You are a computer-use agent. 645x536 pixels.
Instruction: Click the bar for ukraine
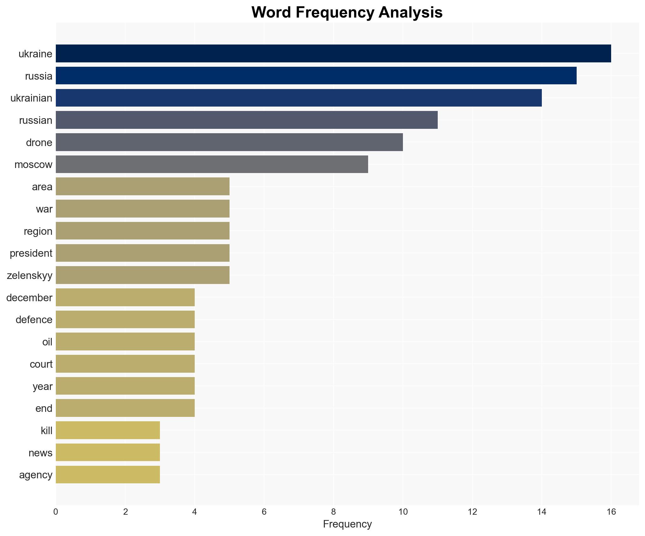tap(333, 53)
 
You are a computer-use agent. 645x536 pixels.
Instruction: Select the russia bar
tap(316, 76)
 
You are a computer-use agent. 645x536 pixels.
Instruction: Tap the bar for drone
tap(229, 142)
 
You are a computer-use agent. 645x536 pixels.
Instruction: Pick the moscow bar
tap(212, 164)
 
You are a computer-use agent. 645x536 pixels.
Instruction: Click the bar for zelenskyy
tap(142, 275)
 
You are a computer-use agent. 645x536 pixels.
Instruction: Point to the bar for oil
tap(125, 341)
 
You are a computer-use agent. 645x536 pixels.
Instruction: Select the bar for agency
tap(108, 475)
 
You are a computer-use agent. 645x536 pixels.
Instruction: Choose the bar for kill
tap(108, 430)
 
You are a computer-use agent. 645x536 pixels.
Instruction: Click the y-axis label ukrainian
tap(31, 98)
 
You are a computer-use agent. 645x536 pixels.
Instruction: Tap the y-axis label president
tap(31, 253)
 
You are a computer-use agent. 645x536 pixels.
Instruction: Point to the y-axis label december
tap(29, 297)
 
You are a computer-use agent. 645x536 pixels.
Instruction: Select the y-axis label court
tap(41, 364)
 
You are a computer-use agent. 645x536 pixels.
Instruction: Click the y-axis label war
tap(44, 209)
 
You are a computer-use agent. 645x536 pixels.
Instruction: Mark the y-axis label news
tap(40, 453)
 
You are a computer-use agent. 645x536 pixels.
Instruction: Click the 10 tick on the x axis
tap(403, 512)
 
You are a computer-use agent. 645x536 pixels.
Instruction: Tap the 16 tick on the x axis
tap(611, 512)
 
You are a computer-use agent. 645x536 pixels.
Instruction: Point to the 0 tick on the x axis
tap(56, 512)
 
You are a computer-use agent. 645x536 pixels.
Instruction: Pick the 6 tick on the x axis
tap(264, 512)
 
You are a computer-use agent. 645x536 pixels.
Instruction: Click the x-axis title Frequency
tap(347, 524)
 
